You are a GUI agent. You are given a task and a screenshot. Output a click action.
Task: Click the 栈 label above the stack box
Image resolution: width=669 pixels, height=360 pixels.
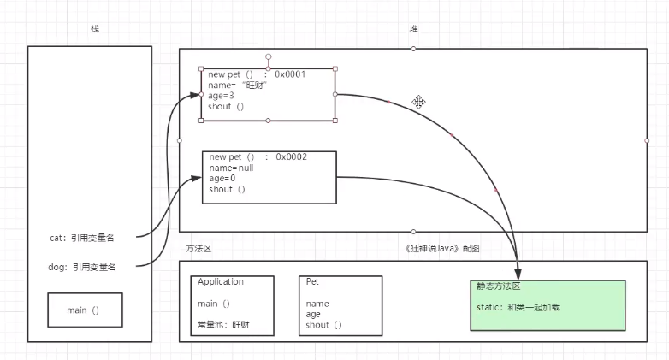click(95, 28)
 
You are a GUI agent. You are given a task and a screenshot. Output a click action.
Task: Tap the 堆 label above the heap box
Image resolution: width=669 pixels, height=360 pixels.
click(413, 28)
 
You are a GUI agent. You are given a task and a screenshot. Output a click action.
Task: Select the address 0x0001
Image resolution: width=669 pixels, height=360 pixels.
click(290, 74)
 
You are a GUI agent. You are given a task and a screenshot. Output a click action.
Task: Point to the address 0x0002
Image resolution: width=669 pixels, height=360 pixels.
click(292, 157)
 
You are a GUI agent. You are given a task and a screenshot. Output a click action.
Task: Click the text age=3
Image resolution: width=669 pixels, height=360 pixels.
click(221, 96)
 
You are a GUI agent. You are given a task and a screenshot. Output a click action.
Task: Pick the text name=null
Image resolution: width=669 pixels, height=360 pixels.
click(231, 168)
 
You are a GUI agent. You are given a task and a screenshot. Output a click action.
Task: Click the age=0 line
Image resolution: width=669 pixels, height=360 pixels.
click(222, 179)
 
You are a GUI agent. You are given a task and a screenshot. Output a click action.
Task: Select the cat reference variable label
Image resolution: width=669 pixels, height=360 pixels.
click(82, 238)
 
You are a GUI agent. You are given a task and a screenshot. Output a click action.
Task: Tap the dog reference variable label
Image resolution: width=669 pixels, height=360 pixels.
click(82, 267)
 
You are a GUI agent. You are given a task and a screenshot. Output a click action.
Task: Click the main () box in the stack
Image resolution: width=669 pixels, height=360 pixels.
click(85, 310)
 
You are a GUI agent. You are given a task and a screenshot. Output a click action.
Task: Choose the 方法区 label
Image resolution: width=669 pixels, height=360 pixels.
click(198, 248)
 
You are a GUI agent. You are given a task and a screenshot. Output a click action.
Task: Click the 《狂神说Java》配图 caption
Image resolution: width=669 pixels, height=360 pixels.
click(442, 248)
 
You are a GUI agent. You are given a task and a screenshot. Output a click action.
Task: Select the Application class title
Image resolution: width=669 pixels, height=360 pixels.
click(221, 281)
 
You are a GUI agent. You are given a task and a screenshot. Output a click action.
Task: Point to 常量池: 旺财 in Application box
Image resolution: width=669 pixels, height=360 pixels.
click(223, 325)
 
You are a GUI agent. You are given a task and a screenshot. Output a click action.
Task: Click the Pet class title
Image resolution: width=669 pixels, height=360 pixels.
click(312, 281)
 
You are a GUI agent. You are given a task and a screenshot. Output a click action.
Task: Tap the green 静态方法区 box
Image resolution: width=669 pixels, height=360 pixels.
click(548, 305)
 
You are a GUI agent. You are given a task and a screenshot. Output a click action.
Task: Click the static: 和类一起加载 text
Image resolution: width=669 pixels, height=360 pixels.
click(518, 307)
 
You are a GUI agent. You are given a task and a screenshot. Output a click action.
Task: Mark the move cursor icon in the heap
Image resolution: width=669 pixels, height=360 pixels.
click(418, 102)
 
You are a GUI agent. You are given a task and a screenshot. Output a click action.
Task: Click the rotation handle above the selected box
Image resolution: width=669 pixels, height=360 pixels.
click(269, 56)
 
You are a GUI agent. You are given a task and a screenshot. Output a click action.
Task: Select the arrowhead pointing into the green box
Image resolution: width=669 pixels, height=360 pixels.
click(518, 274)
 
